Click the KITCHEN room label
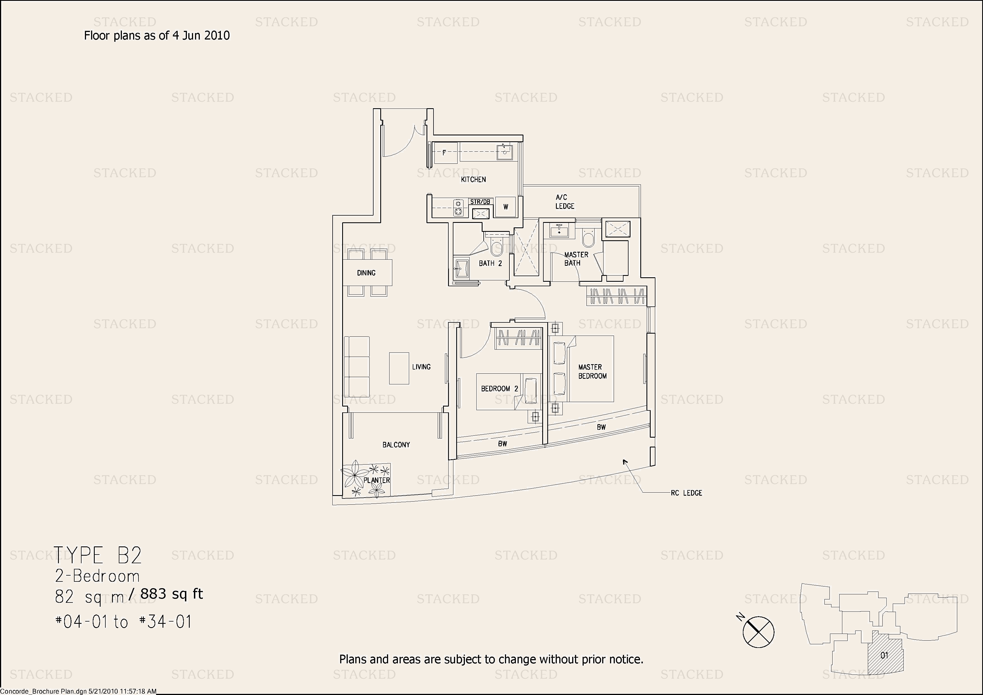click(473, 179)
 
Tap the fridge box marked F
click(445, 153)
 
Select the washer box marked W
click(506, 207)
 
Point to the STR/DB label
click(480, 202)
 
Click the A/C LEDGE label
click(565, 202)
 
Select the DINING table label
click(366, 273)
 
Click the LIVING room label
click(421, 367)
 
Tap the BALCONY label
click(396, 445)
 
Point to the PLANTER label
click(377, 481)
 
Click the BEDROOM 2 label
click(500, 389)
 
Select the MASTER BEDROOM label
click(592, 372)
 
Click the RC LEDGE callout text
click(686, 493)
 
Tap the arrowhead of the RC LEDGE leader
click(625, 461)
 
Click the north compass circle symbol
click(758, 632)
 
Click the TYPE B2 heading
click(98, 555)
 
